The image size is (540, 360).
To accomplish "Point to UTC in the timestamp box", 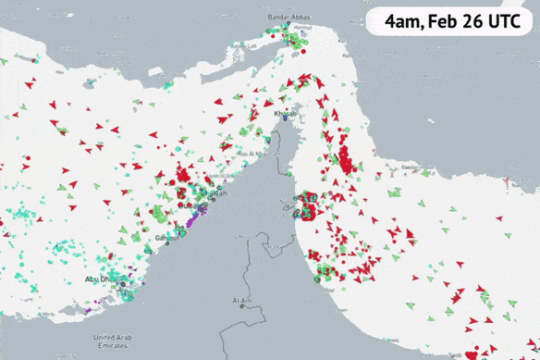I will (x=509, y=19).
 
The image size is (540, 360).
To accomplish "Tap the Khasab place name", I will (x=286, y=112).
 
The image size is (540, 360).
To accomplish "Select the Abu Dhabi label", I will (x=103, y=279).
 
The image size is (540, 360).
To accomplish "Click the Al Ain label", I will (x=242, y=301).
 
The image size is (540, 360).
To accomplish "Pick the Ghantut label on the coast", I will (x=167, y=238).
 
